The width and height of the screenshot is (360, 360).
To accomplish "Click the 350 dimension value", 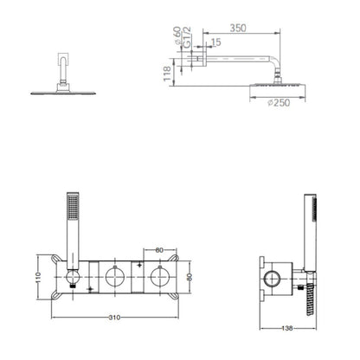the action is click(x=238, y=28).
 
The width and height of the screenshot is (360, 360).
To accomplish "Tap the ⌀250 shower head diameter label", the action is click(x=279, y=102).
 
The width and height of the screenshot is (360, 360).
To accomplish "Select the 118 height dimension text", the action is click(x=167, y=74).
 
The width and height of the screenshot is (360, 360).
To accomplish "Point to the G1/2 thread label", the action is click(x=187, y=37).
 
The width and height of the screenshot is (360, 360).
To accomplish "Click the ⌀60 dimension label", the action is click(x=177, y=35).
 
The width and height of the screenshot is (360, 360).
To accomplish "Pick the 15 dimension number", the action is click(x=216, y=42).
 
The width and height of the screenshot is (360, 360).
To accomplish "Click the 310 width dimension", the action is click(x=114, y=318).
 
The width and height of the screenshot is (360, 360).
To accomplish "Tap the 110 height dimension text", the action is click(x=39, y=278).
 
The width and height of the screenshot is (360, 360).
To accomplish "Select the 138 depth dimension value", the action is click(x=287, y=328).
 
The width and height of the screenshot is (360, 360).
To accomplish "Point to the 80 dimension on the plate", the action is click(x=190, y=277).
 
